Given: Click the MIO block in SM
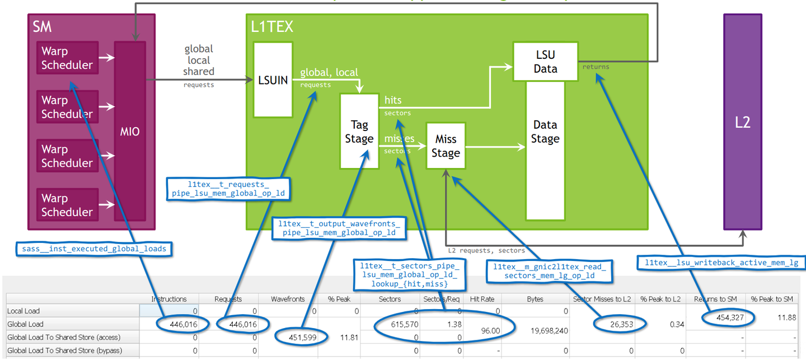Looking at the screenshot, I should tap(129, 132).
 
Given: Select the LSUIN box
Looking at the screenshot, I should tap(273, 80).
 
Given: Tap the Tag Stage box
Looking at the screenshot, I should tap(359, 132).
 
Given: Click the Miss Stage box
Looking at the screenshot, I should tap(446, 146).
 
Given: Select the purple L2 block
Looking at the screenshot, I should tap(742, 122).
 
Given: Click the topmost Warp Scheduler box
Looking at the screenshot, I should tap(67, 58).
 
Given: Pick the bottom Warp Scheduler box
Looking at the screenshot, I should tap(67, 205).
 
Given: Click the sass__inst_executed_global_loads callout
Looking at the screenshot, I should tap(93, 249).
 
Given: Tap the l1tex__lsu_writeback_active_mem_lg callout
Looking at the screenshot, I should tap(721, 262).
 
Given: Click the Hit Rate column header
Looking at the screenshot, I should tap(482, 299).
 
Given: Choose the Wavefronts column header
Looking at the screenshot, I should tap(286, 299).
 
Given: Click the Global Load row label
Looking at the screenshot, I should tap(25, 324).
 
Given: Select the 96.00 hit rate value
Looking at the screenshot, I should tap(482, 331).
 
